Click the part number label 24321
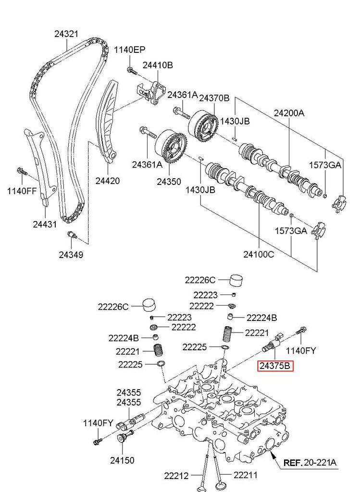[x=66, y=34]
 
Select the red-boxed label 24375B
[x=275, y=367]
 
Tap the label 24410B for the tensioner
[x=157, y=65]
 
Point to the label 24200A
[x=289, y=113]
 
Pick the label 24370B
[x=214, y=98]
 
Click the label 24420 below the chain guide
[x=107, y=181]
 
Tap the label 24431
[x=45, y=224]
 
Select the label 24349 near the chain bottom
[x=71, y=255]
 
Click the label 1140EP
[x=129, y=50]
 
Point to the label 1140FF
[x=22, y=191]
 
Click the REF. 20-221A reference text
[x=310, y=463]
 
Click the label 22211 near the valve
[x=245, y=476]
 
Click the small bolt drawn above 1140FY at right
[x=302, y=331]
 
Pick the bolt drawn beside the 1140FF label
[x=22, y=171]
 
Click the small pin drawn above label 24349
[x=72, y=235]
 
